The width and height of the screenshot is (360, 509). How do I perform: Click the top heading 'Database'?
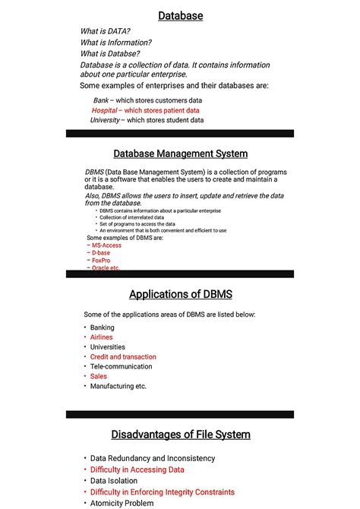pyautogui.click(x=180, y=15)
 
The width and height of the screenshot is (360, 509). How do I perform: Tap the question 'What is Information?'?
pyautogui.click(x=115, y=43)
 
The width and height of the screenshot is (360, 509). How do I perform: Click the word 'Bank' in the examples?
pyautogui.click(x=101, y=100)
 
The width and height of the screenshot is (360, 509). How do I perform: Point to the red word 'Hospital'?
pyautogui.click(x=104, y=110)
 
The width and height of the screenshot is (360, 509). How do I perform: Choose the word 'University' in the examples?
pyautogui.click(x=105, y=120)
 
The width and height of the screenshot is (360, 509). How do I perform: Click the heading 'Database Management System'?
pyautogui.click(x=180, y=153)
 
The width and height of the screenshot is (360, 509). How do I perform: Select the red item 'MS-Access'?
pyautogui.click(x=106, y=245)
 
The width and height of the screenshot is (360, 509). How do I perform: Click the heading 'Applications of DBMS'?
pyautogui.click(x=180, y=295)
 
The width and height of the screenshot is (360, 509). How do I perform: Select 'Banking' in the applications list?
pyautogui.click(x=103, y=327)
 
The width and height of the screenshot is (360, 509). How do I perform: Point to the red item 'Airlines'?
pyautogui.click(x=101, y=337)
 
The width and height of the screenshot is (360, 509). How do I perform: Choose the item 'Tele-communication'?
pyautogui.click(x=121, y=366)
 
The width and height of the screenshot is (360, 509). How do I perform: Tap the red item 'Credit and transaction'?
pyautogui.click(x=123, y=357)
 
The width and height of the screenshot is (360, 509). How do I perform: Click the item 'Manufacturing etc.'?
pyautogui.click(x=118, y=386)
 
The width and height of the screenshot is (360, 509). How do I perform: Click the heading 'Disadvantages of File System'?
pyautogui.click(x=180, y=435)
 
